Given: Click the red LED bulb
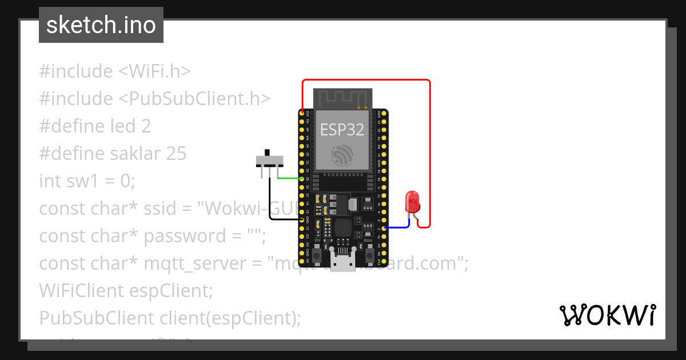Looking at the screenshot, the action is click(x=412, y=201).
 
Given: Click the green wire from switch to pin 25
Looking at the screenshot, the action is click(x=289, y=178).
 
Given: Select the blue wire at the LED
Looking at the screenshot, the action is click(x=398, y=227).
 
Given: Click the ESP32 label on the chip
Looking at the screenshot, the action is click(x=342, y=130).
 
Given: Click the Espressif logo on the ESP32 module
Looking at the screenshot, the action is click(x=342, y=154).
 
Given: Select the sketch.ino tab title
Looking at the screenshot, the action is click(x=101, y=25).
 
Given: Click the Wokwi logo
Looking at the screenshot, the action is click(x=607, y=315).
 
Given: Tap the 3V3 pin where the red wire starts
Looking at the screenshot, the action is click(x=302, y=114).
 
